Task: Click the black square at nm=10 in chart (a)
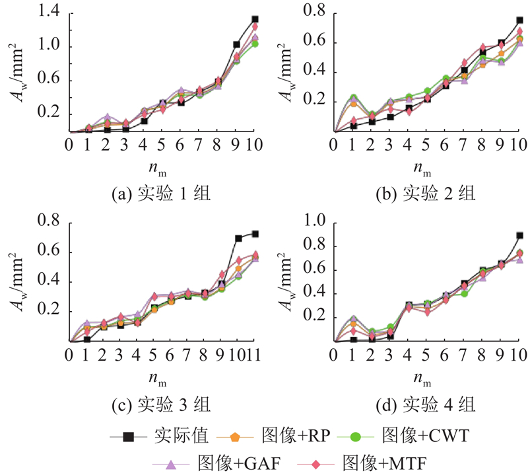[x=255, y=20]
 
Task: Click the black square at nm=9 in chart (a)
[x=236, y=45]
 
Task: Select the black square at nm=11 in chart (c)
[x=255, y=234]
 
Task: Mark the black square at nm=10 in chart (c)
[x=238, y=238]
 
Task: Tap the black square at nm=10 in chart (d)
[x=519, y=235]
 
